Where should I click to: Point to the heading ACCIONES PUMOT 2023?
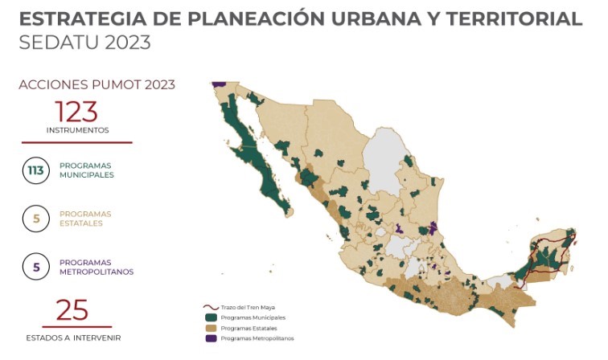point(97,84)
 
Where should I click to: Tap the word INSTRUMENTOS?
point(77,129)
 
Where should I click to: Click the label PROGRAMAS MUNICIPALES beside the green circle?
point(86,170)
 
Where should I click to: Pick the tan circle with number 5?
point(36,219)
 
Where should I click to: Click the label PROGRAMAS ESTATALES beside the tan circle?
point(84,219)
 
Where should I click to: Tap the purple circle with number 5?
point(36,267)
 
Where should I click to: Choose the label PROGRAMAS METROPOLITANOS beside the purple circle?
point(96,267)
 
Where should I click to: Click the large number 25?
point(72,311)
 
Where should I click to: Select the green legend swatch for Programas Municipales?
point(211,317)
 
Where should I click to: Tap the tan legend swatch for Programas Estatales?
point(211,328)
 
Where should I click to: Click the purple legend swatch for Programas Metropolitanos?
point(211,338)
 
